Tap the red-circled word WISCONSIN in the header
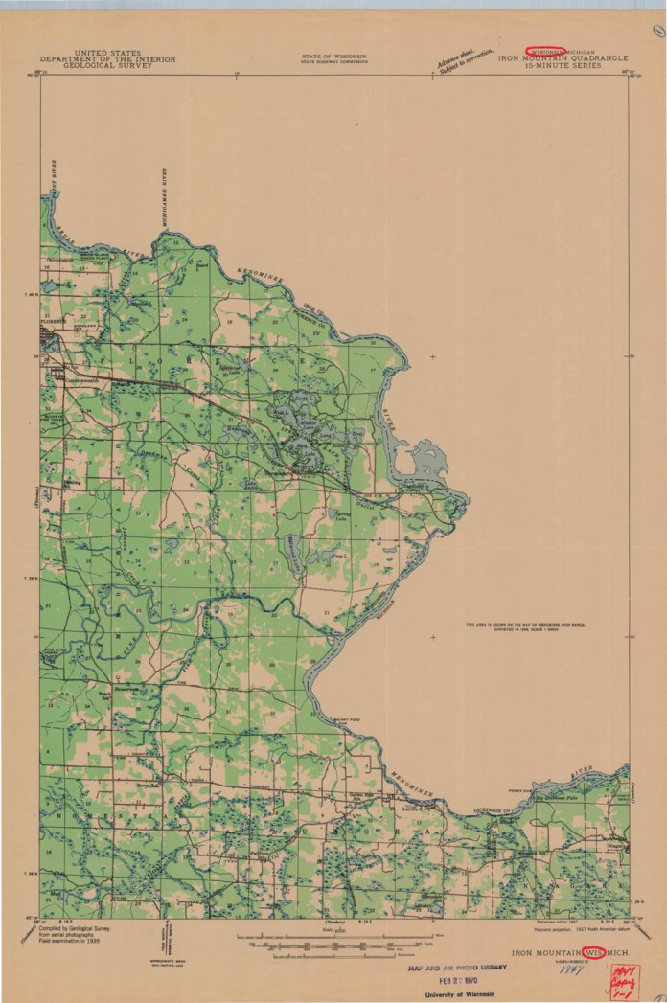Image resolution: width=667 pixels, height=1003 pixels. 544,51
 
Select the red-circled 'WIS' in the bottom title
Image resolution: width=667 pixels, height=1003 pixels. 594,953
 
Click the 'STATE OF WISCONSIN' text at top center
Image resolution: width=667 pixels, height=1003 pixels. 333,57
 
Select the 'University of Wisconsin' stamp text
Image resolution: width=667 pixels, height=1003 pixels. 462,994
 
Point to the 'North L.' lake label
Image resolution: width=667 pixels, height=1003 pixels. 303,397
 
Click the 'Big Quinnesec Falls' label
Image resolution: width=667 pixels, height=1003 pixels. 560,796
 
